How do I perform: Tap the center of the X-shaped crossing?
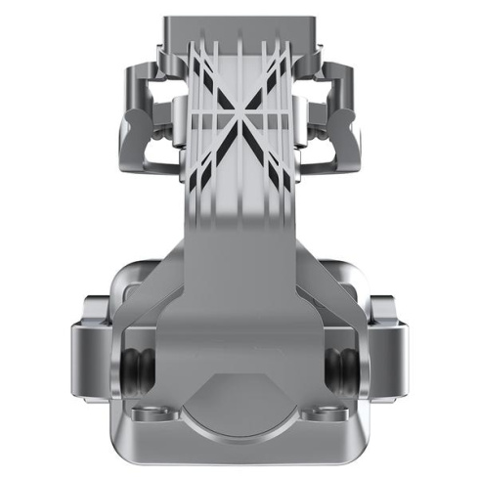[x=239, y=122]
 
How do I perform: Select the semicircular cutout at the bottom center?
[x=239, y=411]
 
